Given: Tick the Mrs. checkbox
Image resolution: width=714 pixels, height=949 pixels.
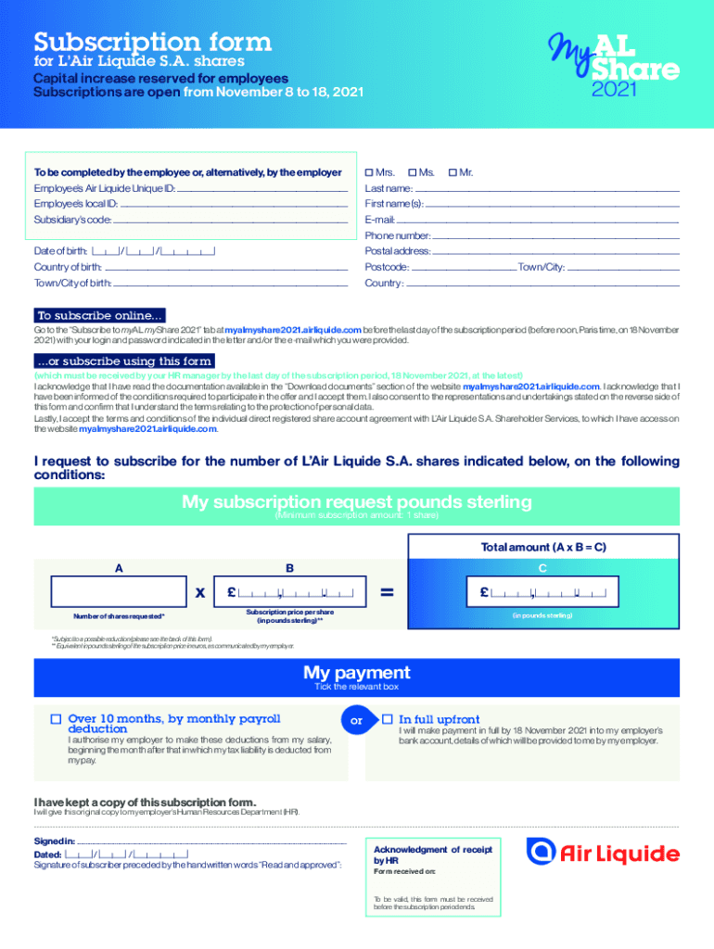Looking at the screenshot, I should [369, 173].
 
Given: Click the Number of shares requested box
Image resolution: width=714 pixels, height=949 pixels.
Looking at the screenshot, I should [117, 590].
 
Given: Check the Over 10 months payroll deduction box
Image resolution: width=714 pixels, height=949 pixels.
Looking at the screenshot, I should [56, 719].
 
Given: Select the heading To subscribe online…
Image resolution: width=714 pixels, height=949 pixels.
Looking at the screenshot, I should [100, 314].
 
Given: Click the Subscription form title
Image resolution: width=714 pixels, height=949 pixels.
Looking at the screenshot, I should [153, 43].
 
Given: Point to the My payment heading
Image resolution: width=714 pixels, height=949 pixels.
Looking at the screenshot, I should [357, 673].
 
